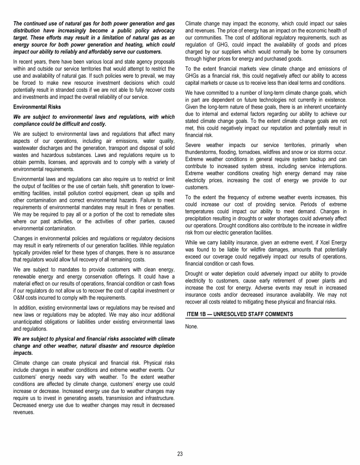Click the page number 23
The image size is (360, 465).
[x=180, y=454]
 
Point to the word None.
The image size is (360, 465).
[x=192, y=326]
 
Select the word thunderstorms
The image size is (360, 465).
[x=202, y=152]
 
